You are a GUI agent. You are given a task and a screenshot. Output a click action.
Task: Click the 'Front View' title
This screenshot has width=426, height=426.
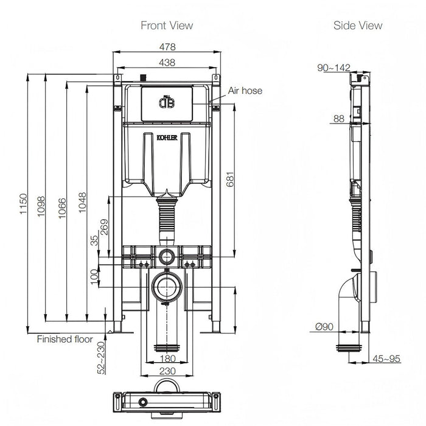[167, 25]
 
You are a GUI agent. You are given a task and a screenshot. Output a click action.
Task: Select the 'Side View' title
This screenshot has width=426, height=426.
[358, 25]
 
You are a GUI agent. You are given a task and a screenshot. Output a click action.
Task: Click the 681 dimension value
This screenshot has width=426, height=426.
[229, 179]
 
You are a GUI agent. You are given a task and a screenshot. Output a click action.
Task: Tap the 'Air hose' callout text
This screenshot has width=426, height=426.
[245, 91]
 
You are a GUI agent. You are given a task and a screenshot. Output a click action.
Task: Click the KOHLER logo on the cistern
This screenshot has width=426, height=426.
[167, 139]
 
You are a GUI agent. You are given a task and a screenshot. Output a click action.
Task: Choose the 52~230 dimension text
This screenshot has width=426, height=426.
[100, 358]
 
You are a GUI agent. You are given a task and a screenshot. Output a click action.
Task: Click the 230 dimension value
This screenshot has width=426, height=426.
[167, 371]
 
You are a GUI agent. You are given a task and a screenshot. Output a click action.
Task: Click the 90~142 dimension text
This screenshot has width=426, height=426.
[333, 68]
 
